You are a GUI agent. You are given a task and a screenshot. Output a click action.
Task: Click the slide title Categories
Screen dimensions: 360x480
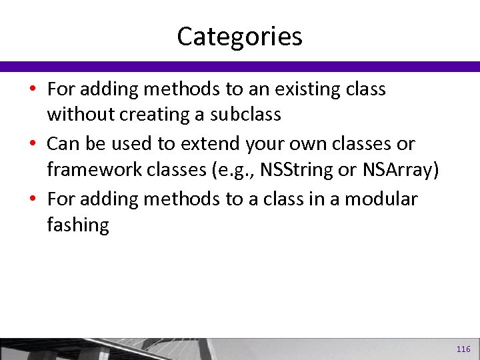(239, 36)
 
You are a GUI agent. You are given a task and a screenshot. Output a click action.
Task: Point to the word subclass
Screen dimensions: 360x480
(246, 115)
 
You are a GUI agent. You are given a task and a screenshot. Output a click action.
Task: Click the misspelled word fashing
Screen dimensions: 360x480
(77, 225)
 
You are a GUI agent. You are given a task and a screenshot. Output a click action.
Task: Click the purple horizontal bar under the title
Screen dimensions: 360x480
(240, 67)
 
